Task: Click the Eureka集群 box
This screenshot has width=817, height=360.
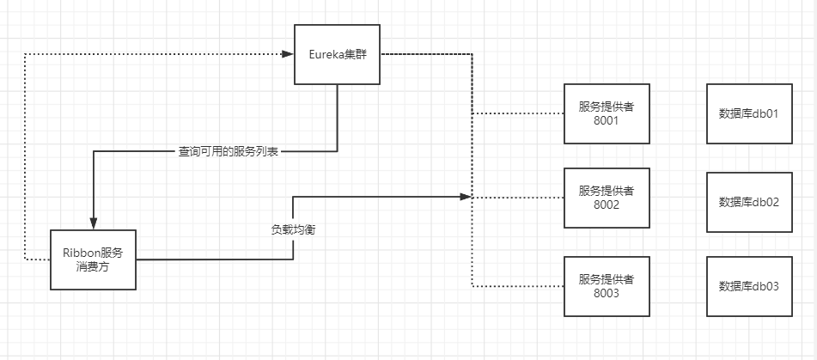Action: tap(338, 54)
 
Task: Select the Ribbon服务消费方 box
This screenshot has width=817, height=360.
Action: tap(93, 259)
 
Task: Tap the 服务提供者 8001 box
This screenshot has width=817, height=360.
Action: tap(607, 113)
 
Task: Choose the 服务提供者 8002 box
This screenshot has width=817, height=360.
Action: tap(607, 198)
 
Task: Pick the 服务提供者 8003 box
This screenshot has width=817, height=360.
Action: tap(607, 286)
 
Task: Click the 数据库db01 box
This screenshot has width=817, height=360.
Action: tap(748, 113)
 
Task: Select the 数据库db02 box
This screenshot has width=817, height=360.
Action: tap(748, 202)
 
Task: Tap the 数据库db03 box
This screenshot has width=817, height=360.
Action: tap(748, 286)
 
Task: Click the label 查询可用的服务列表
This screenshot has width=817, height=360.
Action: tap(229, 151)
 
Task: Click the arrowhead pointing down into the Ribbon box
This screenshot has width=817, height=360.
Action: tap(93, 223)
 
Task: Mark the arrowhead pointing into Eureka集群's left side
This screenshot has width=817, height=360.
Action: tap(288, 54)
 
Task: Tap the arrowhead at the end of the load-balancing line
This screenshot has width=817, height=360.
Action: tap(467, 198)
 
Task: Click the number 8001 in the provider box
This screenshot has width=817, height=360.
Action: tap(607, 121)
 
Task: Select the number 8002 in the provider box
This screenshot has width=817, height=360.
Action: tap(607, 205)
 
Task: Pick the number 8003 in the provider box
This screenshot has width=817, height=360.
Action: tap(607, 294)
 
